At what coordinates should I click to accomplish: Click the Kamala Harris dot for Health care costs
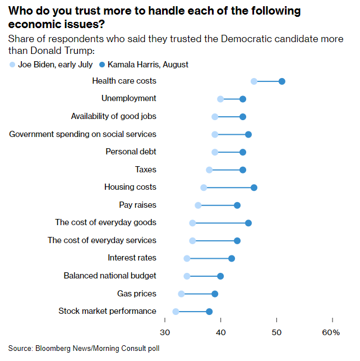coord(281,81)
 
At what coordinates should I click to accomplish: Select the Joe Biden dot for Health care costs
coord(254,81)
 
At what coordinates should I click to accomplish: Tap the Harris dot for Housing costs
coord(254,187)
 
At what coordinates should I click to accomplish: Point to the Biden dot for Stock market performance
coord(176,312)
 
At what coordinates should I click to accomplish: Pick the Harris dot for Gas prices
coord(215,294)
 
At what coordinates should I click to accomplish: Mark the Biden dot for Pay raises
coord(198,205)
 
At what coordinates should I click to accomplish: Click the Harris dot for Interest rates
coord(232,258)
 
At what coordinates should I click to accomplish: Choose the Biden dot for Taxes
coord(209,170)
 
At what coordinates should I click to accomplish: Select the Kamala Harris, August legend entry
coord(144,65)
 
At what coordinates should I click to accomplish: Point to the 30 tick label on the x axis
coord(165,333)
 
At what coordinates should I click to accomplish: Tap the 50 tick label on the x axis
coord(276,333)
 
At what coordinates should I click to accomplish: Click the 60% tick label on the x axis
coord(331,333)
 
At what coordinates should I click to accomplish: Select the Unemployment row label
coord(128,98)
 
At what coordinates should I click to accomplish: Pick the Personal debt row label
coord(131,152)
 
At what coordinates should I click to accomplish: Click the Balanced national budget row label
coord(110,276)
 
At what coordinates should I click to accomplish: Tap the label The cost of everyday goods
coord(105,222)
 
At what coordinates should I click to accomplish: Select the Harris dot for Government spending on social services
coord(248,134)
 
